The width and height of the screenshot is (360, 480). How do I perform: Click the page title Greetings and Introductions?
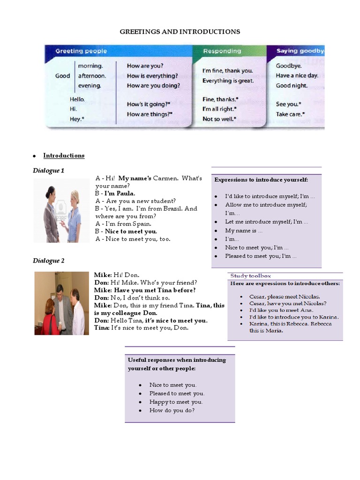pyautogui.click(x=180, y=31)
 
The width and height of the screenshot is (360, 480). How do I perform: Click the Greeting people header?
pyautogui.click(x=81, y=51)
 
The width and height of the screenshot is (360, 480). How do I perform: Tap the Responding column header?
pyautogui.click(x=222, y=51)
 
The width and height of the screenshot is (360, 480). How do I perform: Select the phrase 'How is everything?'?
pyautogui.click(x=152, y=76)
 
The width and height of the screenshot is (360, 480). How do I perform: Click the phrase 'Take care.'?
pyautogui.click(x=290, y=114)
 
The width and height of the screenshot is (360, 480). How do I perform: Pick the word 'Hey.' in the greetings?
pyautogui.click(x=77, y=119)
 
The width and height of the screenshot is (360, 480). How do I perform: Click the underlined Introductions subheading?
pyautogui.click(x=64, y=156)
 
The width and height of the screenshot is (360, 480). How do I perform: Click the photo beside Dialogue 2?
pyautogui.click(x=61, y=303)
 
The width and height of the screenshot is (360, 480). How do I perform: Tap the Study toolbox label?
pyautogui.click(x=250, y=276)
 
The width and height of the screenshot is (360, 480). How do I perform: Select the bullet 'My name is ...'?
pyautogui.click(x=244, y=231)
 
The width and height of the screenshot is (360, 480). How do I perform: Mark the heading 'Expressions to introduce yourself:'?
pyautogui.click(x=261, y=180)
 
